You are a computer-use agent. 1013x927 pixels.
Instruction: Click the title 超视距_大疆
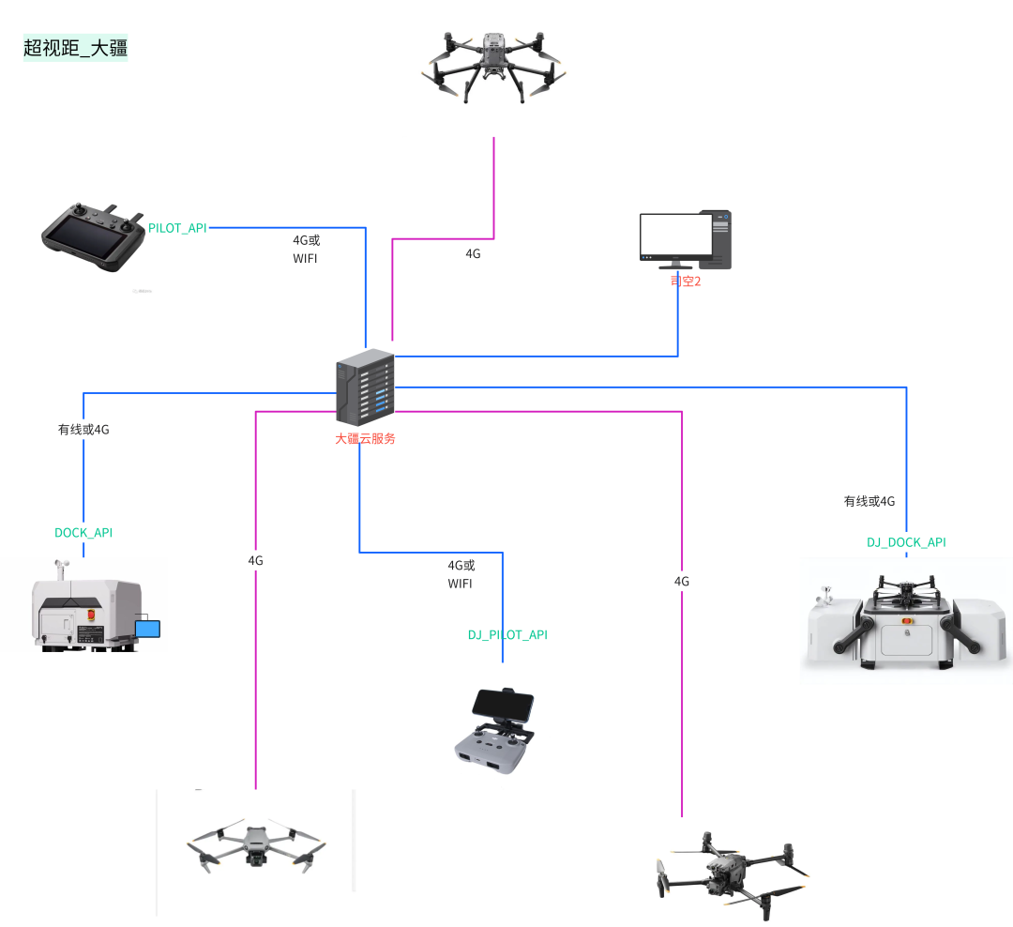click(74, 48)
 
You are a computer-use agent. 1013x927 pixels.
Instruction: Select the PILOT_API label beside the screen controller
click(178, 228)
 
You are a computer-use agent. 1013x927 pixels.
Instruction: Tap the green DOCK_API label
click(83, 532)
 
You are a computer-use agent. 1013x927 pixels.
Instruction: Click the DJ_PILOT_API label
click(507, 635)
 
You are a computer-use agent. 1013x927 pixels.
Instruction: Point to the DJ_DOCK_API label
click(906, 542)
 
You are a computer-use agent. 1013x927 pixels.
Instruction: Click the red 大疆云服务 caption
click(366, 438)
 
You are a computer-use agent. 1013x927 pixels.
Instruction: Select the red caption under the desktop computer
click(686, 281)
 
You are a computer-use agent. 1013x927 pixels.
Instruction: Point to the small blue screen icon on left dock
click(148, 627)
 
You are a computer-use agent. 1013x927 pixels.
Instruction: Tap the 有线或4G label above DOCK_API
click(83, 430)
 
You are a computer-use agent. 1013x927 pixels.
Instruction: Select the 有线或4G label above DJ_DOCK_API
click(869, 501)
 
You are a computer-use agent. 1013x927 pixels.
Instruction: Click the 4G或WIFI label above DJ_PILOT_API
click(461, 574)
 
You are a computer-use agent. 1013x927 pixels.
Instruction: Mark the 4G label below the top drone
click(473, 253)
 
